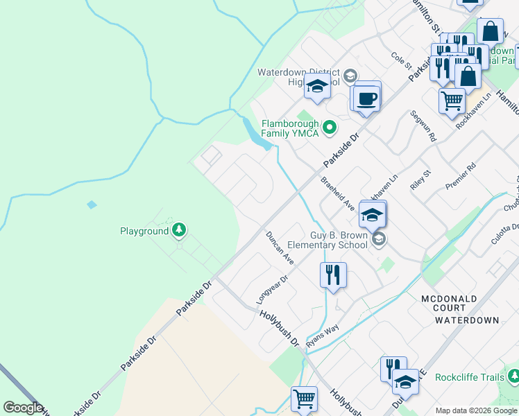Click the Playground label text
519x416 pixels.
[x=144, y=231]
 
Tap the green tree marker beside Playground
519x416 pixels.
[x=179, y=229]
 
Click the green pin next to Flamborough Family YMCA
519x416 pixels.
[x=330, y=127]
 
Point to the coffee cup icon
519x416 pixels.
[x=367, y=98]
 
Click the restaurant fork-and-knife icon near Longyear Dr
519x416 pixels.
[x=333, y=275]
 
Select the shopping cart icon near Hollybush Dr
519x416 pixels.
[x=304, y=399]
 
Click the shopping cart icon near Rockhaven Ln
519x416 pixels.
[x=452, y=101]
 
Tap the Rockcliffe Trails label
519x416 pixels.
[x=469, y=377]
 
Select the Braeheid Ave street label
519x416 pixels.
[x=338, y=193]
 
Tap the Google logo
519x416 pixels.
[x=23, y=408]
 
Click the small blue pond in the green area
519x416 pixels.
[x=92, y=205]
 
